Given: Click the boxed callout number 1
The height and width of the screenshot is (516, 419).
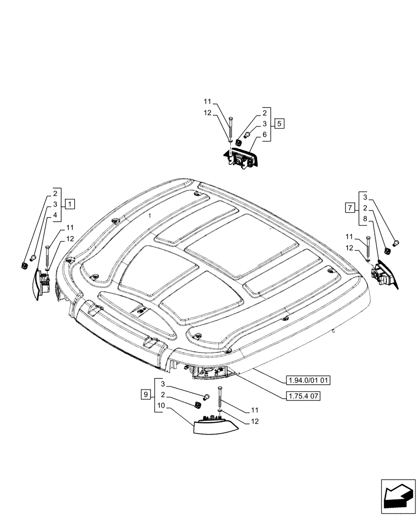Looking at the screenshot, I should [70, 203].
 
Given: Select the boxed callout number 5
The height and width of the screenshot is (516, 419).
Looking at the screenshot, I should [279, 123].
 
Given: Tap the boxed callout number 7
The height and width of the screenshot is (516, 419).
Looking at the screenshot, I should [349, 208].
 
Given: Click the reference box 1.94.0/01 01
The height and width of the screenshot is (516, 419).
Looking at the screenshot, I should [307, 380].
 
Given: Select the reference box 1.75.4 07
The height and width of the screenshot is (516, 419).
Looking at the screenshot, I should [302, 396].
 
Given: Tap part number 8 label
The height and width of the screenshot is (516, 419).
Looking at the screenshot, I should [365, 218].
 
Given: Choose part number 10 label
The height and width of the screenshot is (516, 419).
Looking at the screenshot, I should [163, 406].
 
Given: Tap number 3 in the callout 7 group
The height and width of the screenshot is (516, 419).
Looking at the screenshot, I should [365, 197].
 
